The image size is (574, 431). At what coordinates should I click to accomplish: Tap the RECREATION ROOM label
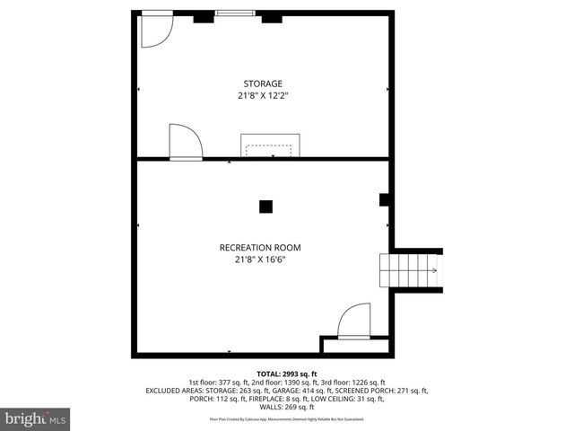point(260,248)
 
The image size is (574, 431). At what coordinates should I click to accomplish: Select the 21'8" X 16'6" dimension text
point(260,259)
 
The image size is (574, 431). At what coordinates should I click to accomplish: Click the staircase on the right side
point(410,269)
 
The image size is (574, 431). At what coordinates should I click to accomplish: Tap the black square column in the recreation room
point(265,207)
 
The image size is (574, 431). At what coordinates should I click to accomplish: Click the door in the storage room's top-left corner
point(156,31)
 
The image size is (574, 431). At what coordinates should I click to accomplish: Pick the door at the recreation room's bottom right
point(353,321)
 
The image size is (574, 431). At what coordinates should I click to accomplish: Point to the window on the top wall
point(233,13)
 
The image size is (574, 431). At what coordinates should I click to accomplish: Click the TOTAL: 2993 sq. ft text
point(287,374)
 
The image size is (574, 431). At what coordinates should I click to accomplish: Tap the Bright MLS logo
point(36,418)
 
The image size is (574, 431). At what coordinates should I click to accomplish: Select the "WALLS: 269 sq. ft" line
point(287,407)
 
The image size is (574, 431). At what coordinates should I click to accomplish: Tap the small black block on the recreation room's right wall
point(383,199)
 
